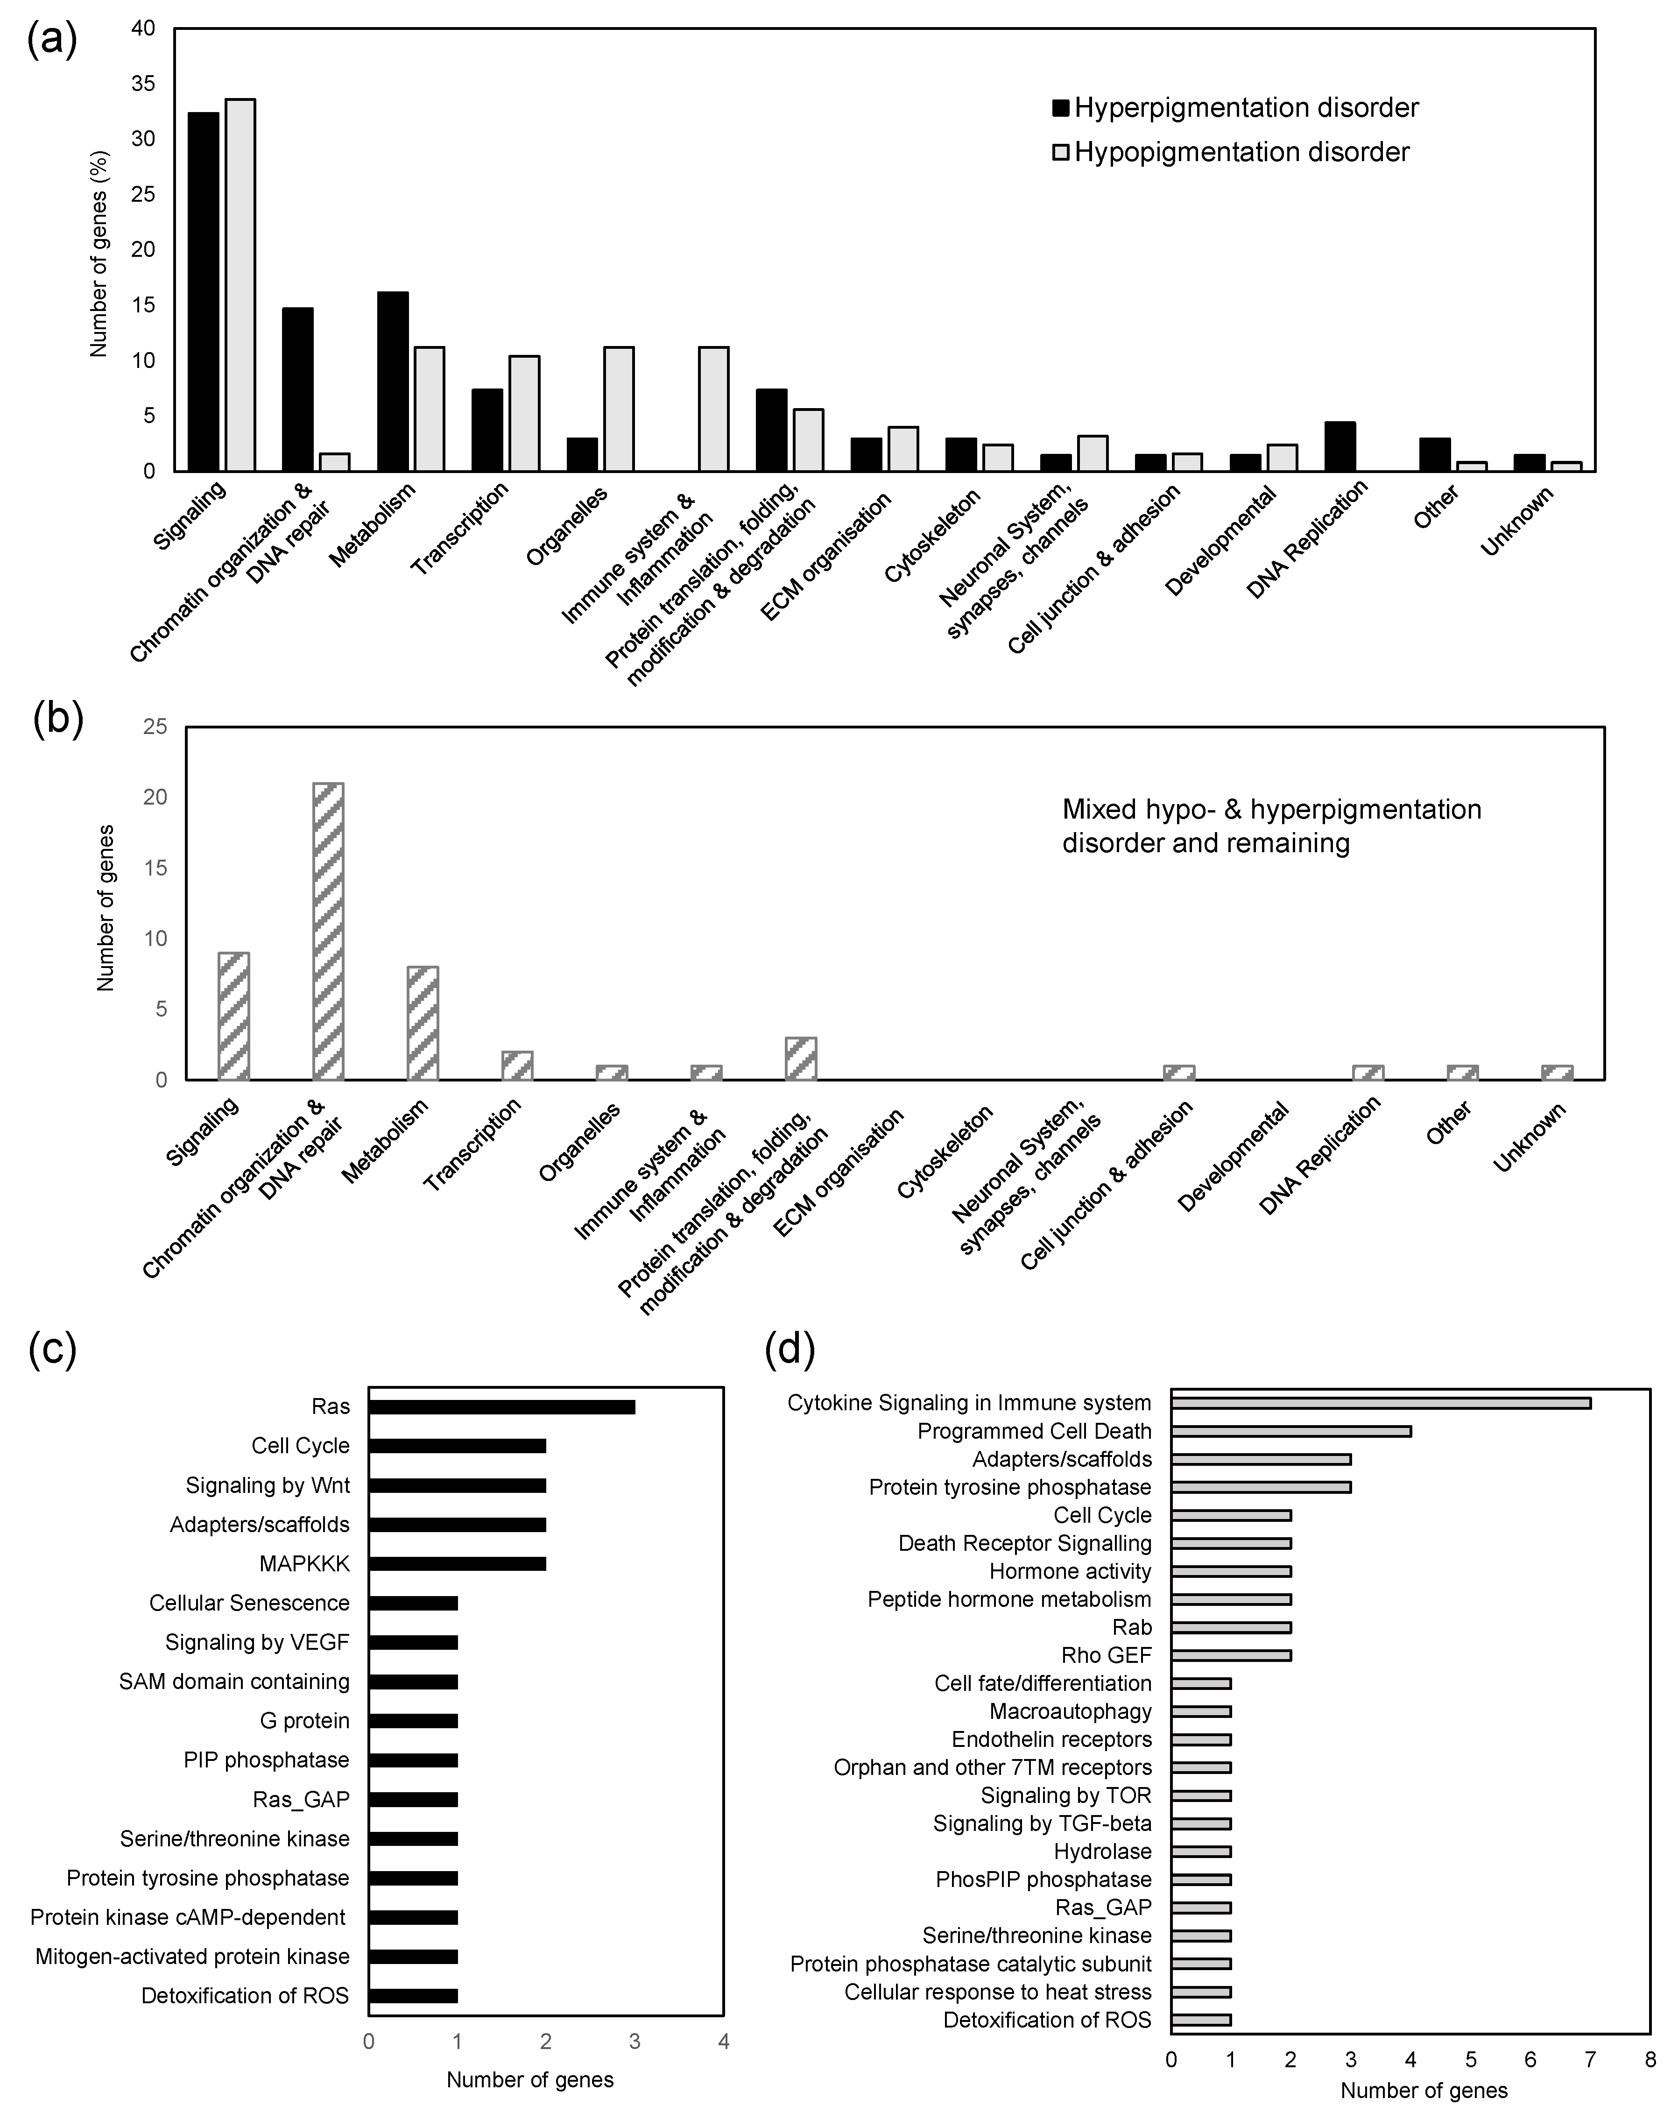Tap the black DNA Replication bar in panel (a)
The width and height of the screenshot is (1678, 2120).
tap(1340, 447)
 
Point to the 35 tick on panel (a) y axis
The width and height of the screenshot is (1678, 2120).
tap(143, 85)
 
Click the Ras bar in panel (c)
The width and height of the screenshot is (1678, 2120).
tap(502, 1407)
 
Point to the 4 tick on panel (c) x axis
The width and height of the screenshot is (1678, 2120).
tap(724, 2042)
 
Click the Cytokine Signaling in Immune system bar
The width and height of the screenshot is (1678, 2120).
tap(1380, 1403)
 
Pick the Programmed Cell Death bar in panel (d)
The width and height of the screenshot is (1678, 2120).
tap(1291, 1431)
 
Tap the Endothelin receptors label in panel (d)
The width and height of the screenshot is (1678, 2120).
tap(1051, 1739)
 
